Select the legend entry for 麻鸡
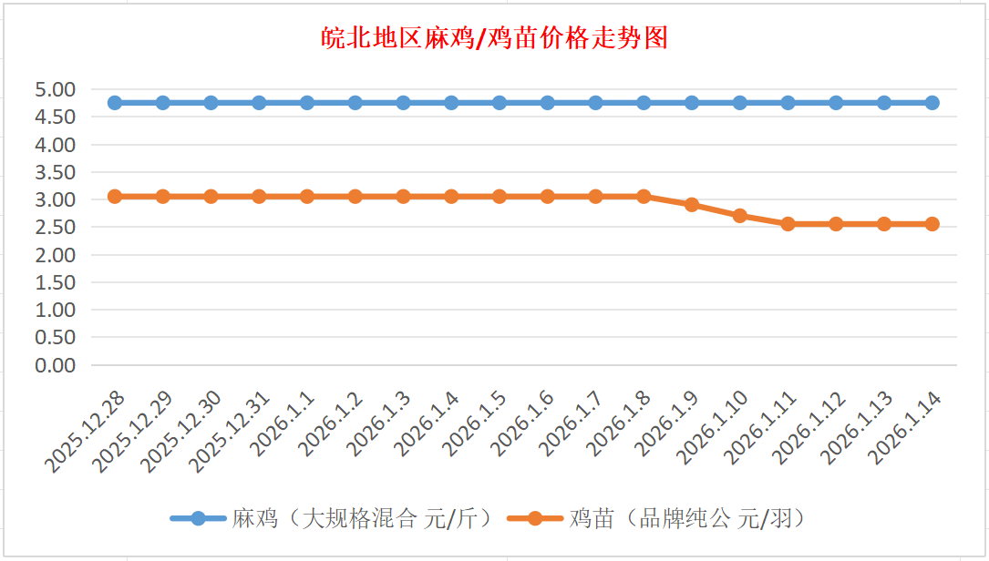[x=333, y=519]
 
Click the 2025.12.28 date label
[x=88, y=433]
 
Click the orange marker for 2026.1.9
[x=692, y=205]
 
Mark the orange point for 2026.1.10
[x=740, y=216]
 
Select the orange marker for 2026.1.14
[x=932, y=224]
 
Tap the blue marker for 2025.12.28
[x=115, y=103]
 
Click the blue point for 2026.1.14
[x=932, y=103]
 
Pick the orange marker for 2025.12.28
[x=115, y=197]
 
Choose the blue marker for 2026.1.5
[x=500, y=103]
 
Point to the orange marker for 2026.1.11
[x=788, y=224]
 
